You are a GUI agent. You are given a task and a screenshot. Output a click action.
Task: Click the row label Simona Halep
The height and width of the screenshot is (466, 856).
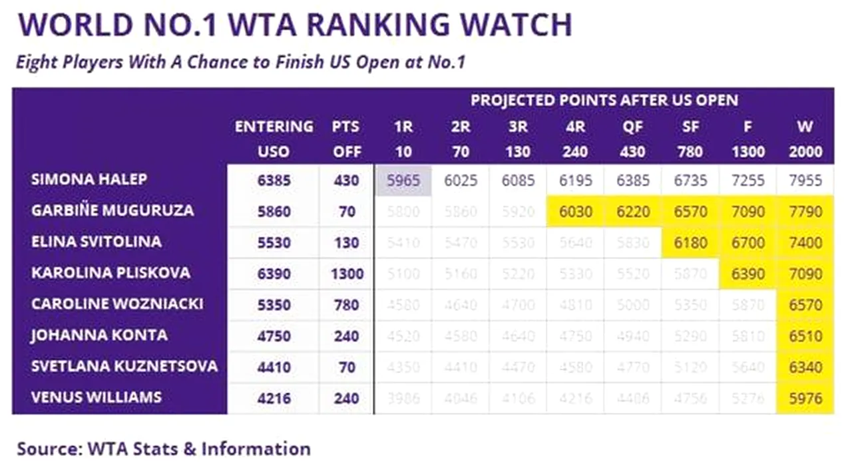89,179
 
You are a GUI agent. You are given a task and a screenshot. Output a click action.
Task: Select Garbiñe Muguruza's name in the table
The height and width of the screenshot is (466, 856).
112,210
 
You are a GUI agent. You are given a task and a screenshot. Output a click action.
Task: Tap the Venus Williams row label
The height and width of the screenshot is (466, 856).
96,397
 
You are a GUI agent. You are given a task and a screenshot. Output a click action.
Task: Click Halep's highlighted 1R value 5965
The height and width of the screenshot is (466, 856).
403,180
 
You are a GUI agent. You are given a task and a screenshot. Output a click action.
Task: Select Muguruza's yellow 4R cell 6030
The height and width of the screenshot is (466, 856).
575,211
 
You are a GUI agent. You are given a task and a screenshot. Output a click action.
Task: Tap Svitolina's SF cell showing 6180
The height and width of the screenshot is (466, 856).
690,242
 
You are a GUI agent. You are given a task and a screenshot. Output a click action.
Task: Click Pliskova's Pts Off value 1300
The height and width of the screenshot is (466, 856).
347,274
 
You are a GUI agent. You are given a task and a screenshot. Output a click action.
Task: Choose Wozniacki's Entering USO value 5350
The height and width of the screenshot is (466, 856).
274,304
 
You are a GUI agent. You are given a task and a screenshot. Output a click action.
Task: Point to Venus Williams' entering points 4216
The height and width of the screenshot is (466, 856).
274,398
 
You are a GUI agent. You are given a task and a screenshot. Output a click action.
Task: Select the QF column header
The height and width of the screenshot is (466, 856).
632,126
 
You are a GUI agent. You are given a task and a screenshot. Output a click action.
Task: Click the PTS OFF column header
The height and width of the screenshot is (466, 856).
346,138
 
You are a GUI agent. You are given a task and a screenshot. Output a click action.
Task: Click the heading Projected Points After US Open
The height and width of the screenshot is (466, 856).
604,101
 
